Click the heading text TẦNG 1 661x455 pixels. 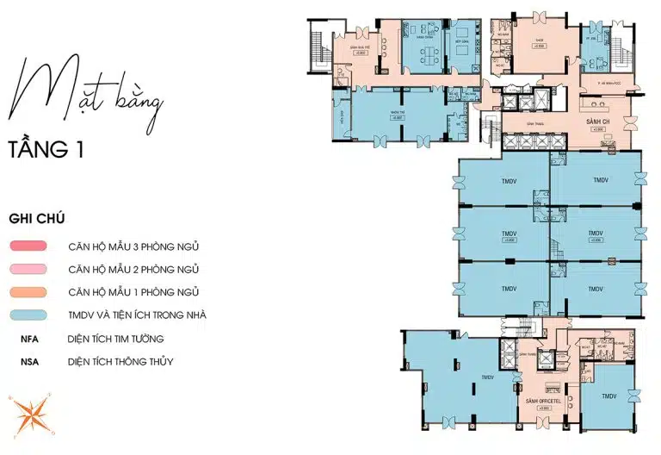pyautogui.click(x=46, y=149)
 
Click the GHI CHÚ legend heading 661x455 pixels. pyautogui.click(x=37, y=218)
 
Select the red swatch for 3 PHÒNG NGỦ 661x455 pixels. pyautogui.click(x=33, y=246)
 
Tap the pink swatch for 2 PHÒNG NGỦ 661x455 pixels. pyautogui.click(x=33, y=270)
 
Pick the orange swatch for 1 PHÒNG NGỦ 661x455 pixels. pyautogui.click(x=33, y=292)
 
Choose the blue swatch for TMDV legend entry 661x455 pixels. pyautogui.click(x=33, y=315)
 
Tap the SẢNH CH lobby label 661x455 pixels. pyautogui.click(x=597, y=122)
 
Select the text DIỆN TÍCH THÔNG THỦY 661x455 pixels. pyautogui.click(x=120, y=362)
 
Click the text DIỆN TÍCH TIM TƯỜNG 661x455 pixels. pyautogui.click(x=115, y=339)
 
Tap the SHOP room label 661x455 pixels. pyautogui.click(x=540, y=40)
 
